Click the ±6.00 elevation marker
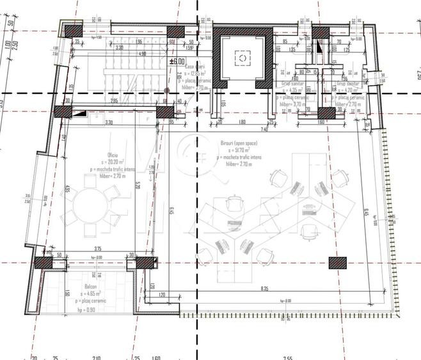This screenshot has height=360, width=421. click(x=176, y=61)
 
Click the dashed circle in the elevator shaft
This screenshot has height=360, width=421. click(x=243, y=58)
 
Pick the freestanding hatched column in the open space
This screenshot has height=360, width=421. click(x=333, y=261)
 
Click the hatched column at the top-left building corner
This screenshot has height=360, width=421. click(x=64, y=29)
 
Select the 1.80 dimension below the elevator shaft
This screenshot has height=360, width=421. click(x=243, y=122)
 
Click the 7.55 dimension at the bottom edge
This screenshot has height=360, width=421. click(x=288, y=357)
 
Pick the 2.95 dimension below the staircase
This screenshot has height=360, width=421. click(x=114, y=101)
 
